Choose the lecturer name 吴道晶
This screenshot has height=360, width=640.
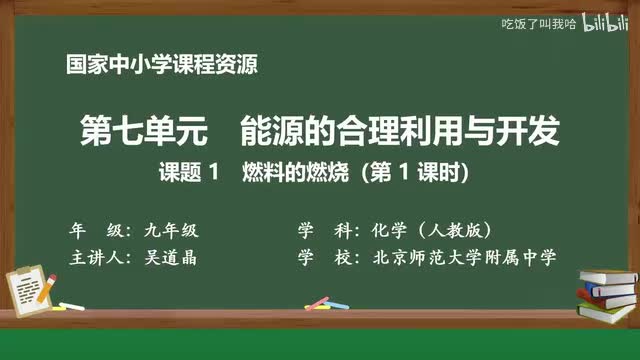[x=165, y=257]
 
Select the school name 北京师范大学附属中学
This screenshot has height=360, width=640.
[x=463, y=257]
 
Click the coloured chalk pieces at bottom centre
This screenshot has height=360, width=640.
[x=318, y=302]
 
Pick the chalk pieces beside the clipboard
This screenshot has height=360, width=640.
[x=72, y=306]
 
